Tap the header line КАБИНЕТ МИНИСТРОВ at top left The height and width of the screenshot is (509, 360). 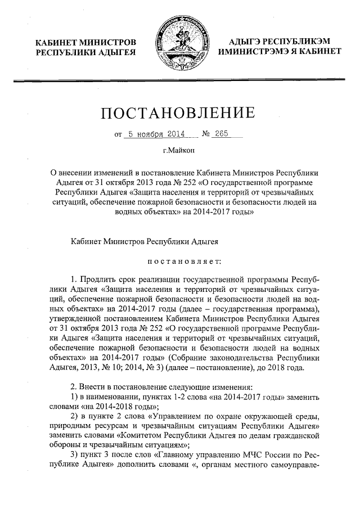85,42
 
